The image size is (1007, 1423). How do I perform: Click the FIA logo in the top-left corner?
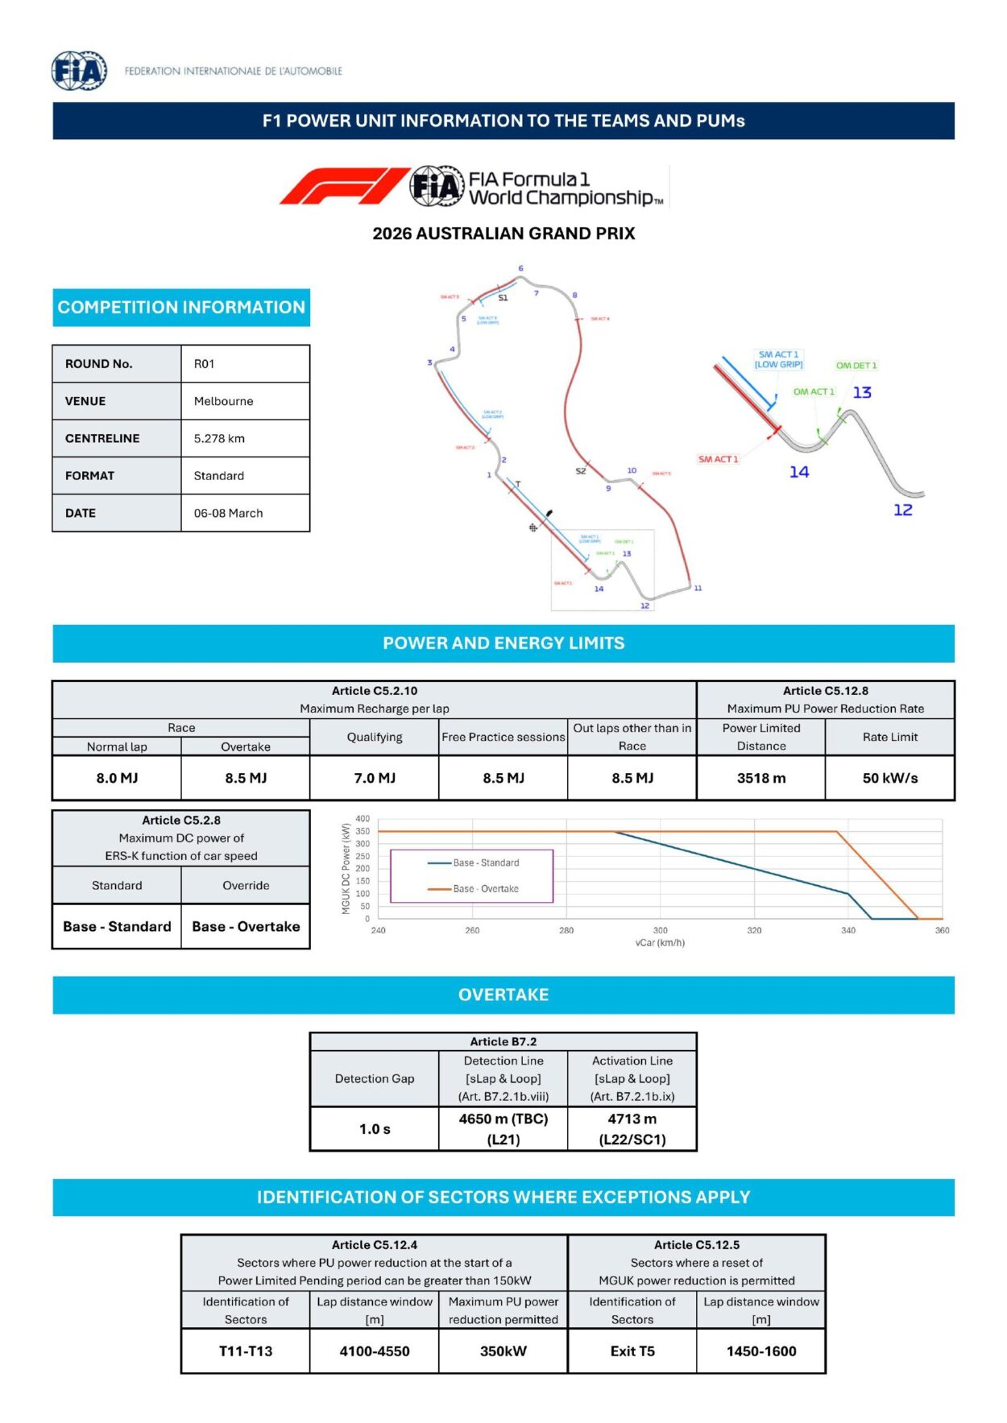click(x=79, y=71)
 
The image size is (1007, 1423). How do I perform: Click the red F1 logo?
click(x=343, y=186)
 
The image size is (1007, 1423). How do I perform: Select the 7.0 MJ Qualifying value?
click(x=375, y=778)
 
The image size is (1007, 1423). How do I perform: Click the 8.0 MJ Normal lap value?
click(x=117, y=778)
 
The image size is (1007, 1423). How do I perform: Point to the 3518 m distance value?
click(x=760, y=778)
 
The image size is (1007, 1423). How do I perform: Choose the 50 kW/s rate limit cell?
click(x=889, y=778)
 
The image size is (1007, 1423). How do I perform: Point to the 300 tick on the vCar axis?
click(x=660, y=930)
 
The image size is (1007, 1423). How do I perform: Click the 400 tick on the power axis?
click(x=363, y=818)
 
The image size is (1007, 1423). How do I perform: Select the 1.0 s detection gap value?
click(x=375, y=1129)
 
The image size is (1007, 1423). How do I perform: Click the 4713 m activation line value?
click(x=632, y=1119)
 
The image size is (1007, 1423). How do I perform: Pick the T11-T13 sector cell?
click(x=246, y=1351)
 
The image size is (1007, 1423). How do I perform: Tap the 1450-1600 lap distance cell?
click(x=761, y=1351)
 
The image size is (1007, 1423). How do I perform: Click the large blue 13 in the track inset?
click(x=862, y=392)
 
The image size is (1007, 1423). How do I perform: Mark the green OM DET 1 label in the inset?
click(x=856, y=366)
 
